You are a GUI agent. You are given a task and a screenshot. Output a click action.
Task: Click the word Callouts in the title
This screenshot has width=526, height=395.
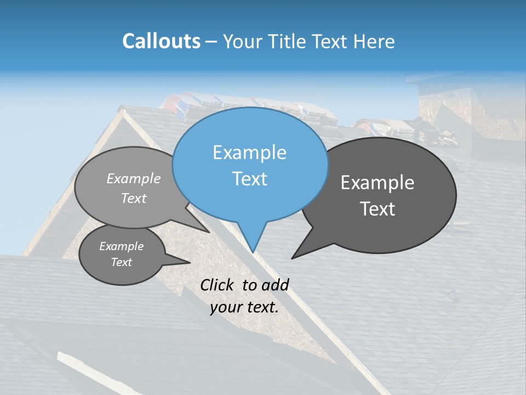coord(161,41)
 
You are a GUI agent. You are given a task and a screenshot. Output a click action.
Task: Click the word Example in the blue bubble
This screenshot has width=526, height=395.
coord(249,153)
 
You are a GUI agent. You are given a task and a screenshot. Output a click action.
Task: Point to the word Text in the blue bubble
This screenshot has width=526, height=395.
coord(249,179)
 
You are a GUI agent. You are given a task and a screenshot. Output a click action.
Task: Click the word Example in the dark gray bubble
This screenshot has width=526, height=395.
coord(378,183)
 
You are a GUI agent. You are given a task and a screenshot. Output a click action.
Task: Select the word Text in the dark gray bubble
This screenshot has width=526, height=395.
coord(378,209)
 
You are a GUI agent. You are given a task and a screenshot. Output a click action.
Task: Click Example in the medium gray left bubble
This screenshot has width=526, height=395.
coord(134,178)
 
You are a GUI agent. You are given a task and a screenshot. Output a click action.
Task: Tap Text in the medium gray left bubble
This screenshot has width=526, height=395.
coord(134,198)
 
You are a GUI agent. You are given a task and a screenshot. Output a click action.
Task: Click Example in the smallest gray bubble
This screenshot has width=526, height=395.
coord(122,246)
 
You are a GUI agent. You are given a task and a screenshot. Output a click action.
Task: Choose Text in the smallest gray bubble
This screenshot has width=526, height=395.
coord(122,262)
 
